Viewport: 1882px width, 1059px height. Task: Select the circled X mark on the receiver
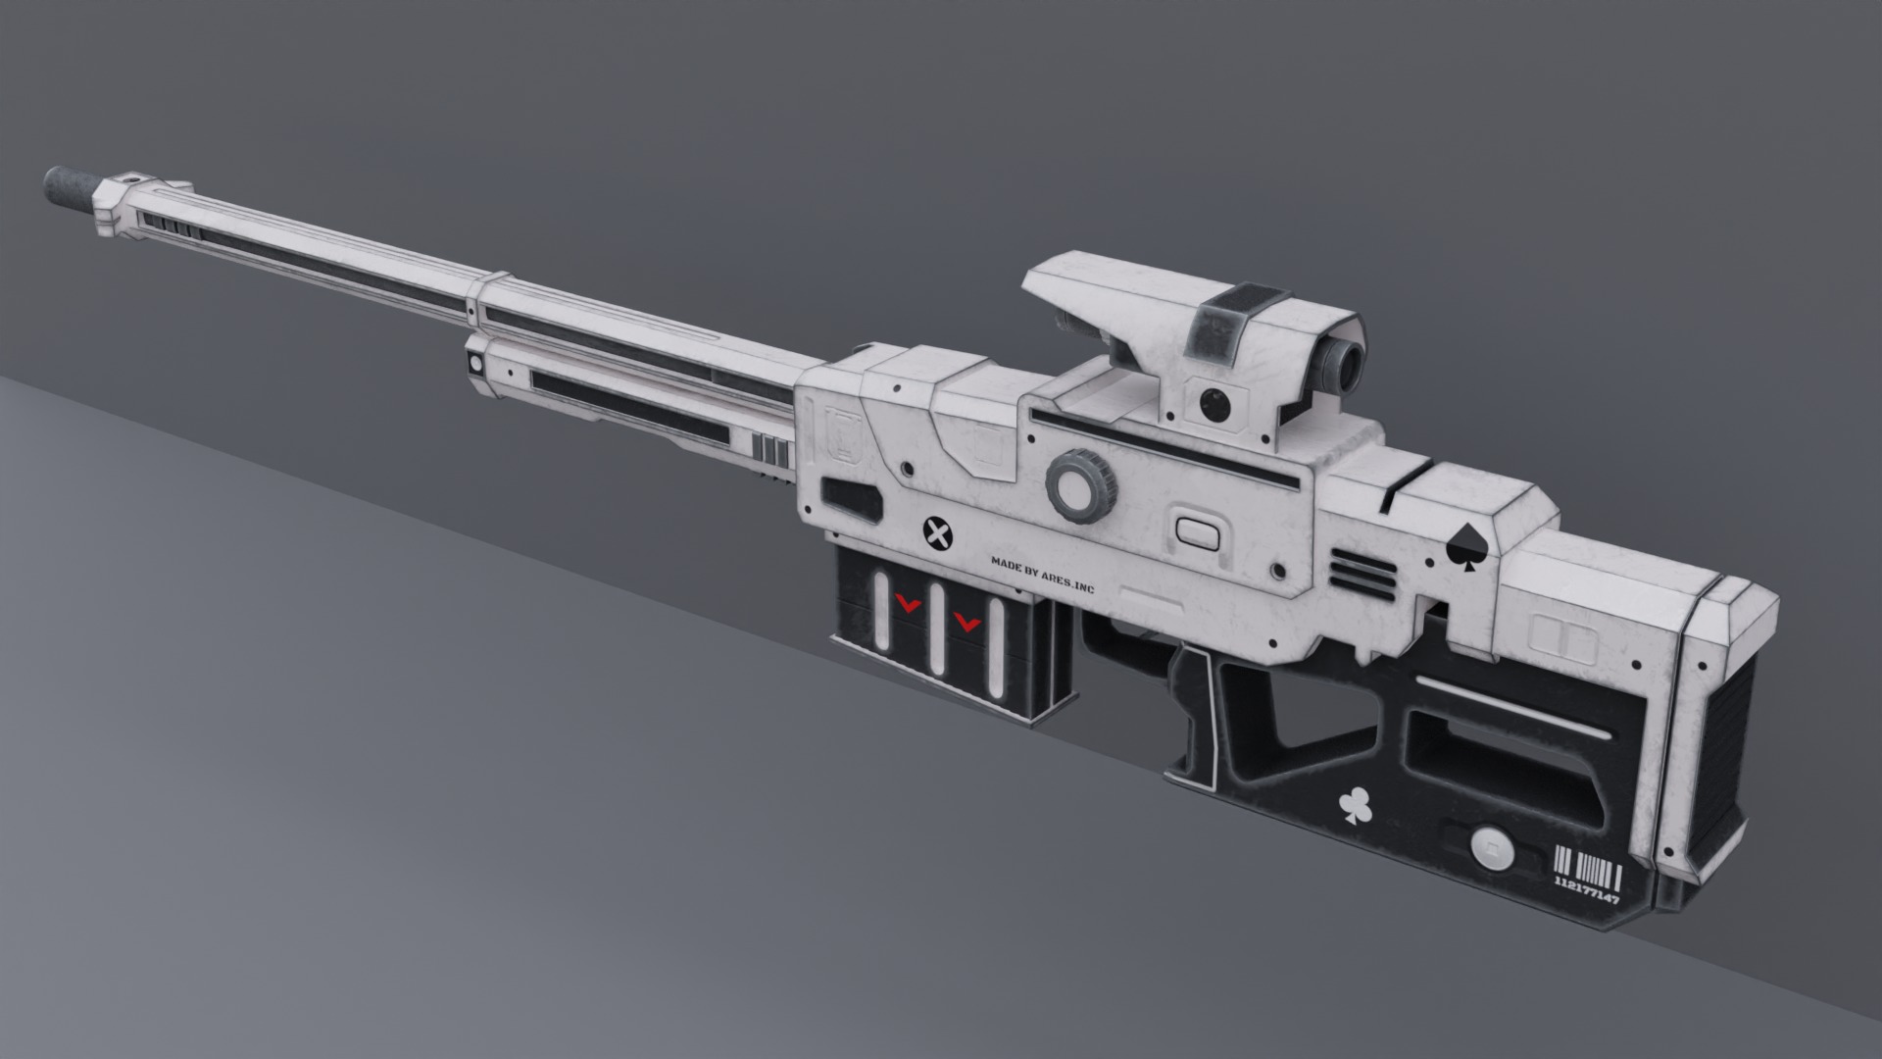(938, 534)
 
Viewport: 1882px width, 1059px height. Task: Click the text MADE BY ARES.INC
(1041, 576)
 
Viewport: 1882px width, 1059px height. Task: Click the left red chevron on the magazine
(909, 606)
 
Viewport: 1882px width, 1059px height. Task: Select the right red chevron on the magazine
(968, 620)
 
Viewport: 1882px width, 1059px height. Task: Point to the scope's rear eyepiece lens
(1338, 366)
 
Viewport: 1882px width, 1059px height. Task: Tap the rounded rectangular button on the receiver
(1197, 530)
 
